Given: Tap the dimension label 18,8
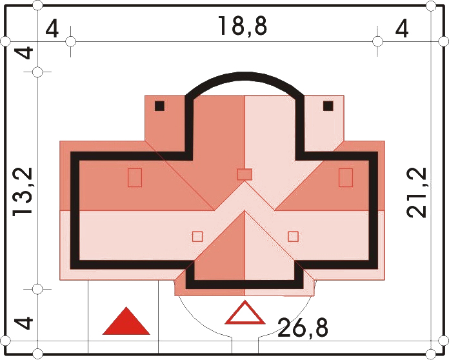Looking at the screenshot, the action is click(243, 26).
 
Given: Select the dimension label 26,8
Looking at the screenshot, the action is click(303, 327).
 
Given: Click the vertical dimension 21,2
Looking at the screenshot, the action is click(417, 192).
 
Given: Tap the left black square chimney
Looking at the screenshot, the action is click(159, 106).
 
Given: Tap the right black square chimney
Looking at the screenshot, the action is click(328, 106).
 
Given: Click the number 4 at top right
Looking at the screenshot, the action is click(401, 30).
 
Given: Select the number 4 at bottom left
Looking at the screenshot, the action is click(24, 323).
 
